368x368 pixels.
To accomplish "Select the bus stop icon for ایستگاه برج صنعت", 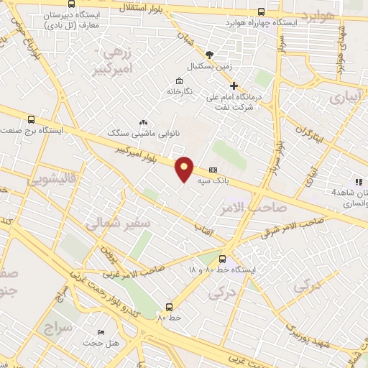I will (x=30, y=120).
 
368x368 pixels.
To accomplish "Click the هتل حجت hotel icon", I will (x=101, y=333).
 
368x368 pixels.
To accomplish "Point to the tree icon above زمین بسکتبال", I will (x=209, y=55).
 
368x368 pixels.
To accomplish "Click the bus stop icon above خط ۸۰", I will (x=169, y=305).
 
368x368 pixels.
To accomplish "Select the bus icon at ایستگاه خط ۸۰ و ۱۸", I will (x=221, y=259).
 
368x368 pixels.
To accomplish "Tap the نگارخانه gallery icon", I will (x=178, y=80).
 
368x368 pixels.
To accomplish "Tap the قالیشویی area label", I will (x=50, y=180).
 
